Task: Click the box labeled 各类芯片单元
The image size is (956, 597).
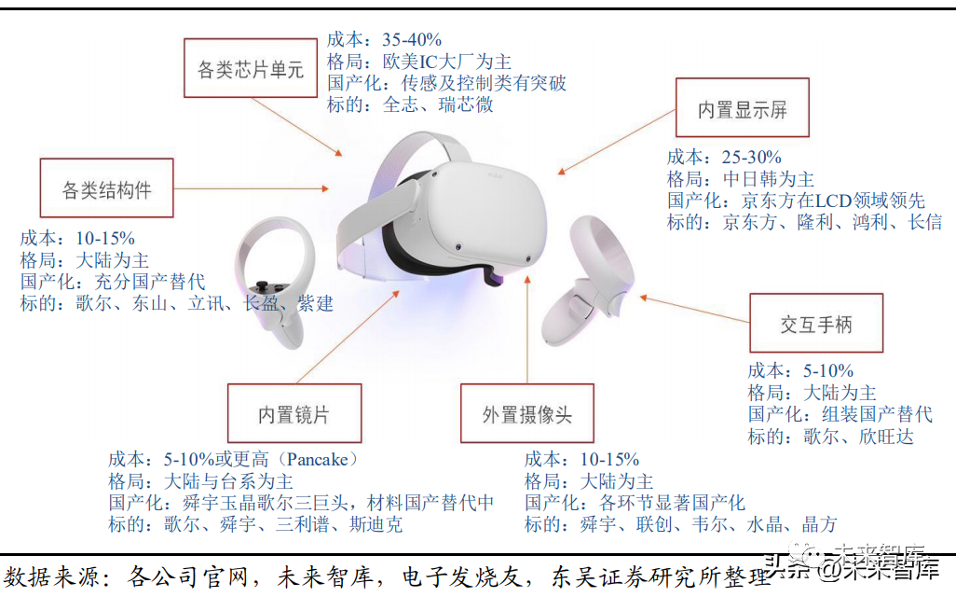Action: [x=251, y=69]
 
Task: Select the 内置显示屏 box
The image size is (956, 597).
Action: [x=742, y=109]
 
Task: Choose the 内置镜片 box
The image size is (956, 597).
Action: [x=294, y=413]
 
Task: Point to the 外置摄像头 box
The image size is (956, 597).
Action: [x=526, y=413]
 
